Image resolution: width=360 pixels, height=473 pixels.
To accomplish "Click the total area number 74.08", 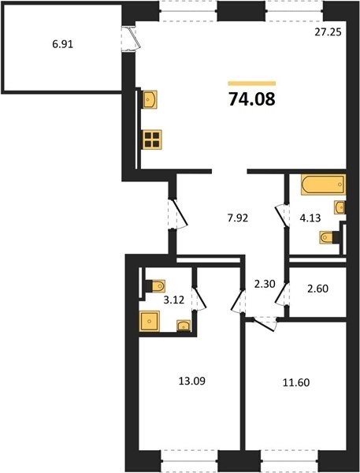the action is coord(252,99).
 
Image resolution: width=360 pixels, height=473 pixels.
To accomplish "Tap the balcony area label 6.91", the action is coord(63,44).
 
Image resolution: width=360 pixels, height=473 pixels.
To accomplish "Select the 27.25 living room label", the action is coord(328,32).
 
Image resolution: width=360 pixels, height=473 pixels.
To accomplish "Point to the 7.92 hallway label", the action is coord(238,218).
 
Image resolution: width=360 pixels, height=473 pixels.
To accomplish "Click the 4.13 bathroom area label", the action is coord(310,218).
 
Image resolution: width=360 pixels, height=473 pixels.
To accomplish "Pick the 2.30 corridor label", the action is coord(265,284).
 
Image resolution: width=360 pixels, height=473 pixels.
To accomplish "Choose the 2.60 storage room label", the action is coord(317,289).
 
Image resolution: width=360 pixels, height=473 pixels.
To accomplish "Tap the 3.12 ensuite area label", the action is coord(173,300).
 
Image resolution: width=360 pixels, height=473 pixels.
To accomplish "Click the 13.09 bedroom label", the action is coord(192,381).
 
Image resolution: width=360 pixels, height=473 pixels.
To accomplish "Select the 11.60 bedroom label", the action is coord(296,382).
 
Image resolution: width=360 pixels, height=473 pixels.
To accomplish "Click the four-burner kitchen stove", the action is coord(152,140).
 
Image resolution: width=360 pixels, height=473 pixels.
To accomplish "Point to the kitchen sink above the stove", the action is coord(150,99).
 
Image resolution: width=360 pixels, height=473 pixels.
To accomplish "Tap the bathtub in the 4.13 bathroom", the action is coord(323,184).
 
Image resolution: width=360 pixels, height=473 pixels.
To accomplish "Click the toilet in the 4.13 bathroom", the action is coord(327,237).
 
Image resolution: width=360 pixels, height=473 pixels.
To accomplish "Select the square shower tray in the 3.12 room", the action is coord(149,322).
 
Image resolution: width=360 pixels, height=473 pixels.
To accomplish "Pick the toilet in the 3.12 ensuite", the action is coord(158,285).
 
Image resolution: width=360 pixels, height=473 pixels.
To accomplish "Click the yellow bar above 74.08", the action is coord(252,84).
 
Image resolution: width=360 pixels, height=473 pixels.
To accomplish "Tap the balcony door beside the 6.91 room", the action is coord(131,39).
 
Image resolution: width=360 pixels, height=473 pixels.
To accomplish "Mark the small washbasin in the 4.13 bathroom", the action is coord(340,207).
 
